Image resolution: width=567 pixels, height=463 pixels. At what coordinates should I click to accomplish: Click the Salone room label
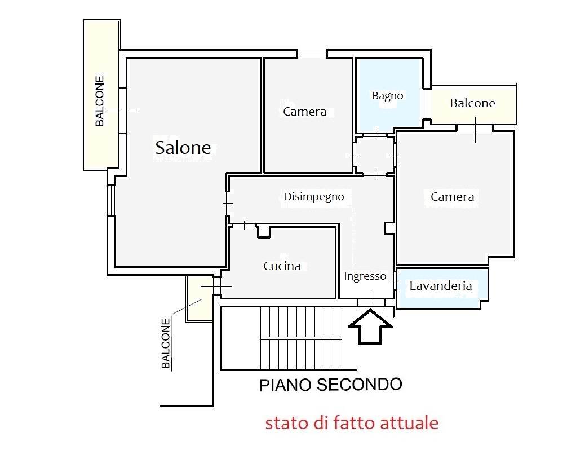183,148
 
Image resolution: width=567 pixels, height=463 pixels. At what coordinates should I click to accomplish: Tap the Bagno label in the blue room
388,95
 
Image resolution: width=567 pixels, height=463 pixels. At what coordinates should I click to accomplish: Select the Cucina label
282,266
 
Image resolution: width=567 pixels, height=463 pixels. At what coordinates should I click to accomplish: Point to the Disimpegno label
314,197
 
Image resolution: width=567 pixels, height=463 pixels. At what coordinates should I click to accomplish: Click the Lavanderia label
441,285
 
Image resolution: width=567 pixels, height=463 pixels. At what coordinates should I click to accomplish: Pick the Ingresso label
365,276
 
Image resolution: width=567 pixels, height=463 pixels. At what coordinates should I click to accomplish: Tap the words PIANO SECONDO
330,385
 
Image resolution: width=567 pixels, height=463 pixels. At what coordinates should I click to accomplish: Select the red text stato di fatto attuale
352,422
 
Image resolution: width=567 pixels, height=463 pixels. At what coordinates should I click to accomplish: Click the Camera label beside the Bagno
304,112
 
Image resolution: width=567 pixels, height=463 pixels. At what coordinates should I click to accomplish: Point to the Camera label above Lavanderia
452,197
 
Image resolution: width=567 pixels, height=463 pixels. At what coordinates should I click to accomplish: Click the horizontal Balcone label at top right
472,103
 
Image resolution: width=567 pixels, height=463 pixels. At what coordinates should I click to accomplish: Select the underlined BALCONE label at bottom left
166,344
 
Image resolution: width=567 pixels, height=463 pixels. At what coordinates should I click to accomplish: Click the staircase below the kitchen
301,337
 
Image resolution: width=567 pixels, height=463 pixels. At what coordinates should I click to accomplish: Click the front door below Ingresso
371,301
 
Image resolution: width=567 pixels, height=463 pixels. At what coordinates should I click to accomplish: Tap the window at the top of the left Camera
312,54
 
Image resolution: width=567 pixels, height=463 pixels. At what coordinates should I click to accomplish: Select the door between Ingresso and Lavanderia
395,278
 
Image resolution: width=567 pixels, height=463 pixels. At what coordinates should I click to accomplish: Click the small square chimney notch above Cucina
263,231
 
